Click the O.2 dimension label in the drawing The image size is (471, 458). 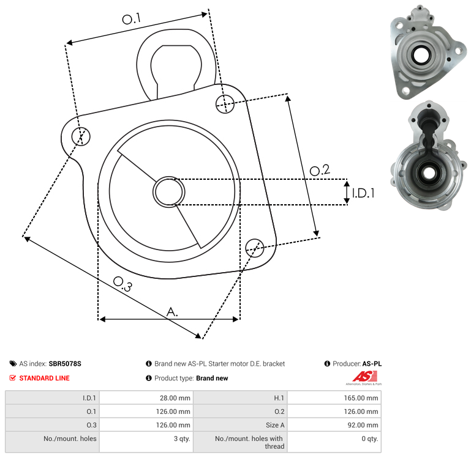pyautogui.click(x=320, y=171)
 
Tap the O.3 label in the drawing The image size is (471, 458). pyautogui.click(x=122, y=283)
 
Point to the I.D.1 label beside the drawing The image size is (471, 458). pyautogui.click(x=363, y=193)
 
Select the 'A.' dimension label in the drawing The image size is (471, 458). pyautogui.click(x=173, y=312)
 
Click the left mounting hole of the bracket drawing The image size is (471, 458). pyautogui.click(x=81, y=136)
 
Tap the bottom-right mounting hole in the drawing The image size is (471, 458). pyautogui.click(x=254, y=247)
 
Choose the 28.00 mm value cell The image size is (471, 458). pyautogui.click(x=175, y=397)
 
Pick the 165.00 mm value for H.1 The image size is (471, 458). pyautogui.click(x=363, y=397)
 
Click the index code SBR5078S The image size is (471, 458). pyautogui.click(x=65, y=364)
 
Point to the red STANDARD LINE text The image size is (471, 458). pyautogui.click(x=44, y=378)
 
